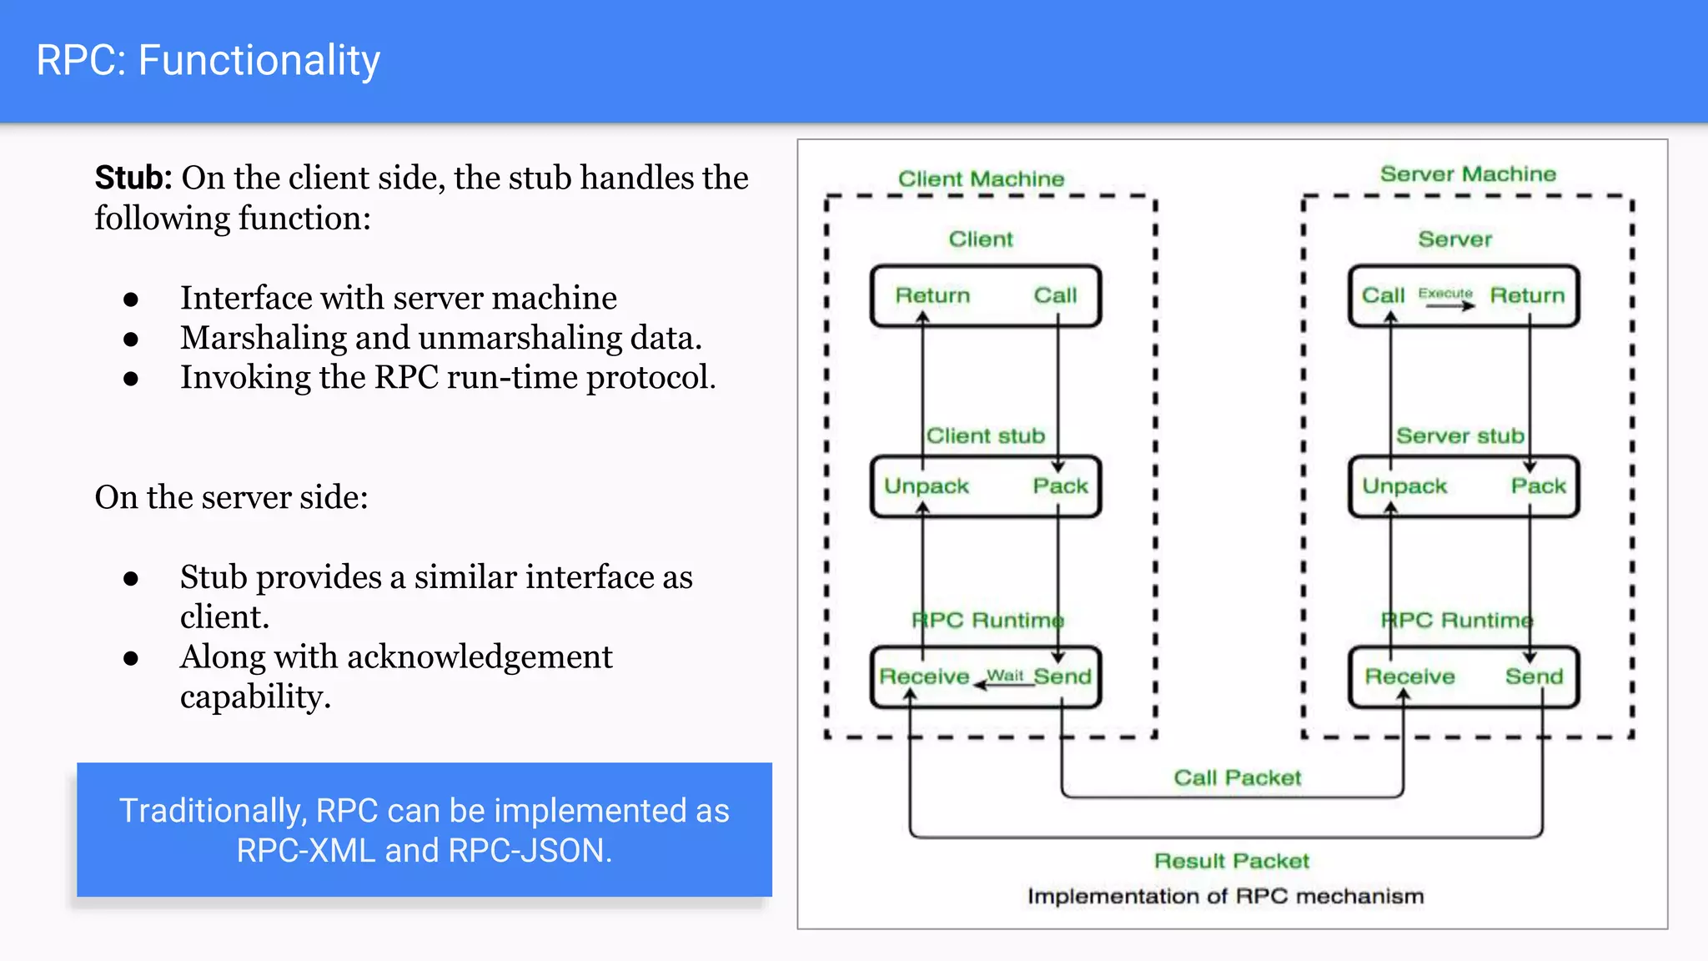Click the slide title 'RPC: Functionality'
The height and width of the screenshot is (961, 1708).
point(208,61)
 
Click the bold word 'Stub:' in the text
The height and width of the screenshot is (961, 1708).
point(133,178)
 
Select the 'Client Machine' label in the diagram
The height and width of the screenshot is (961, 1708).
point(981,179)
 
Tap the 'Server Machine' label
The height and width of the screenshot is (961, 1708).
point(1468,174)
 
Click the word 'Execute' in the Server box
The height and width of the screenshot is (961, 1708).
point(1445,294)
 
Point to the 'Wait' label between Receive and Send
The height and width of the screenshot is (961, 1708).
point(1005,676)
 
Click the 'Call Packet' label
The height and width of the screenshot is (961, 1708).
point(1237,777)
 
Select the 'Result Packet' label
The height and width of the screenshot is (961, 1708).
point(1231,861)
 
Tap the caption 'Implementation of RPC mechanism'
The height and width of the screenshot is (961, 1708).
point(1225,896)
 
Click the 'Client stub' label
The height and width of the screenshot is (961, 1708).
point(985,435)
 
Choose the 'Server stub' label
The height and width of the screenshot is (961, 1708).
point(1459,435)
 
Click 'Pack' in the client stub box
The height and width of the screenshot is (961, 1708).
point(1060,486)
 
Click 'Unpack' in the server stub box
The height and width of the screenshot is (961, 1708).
point(1404,486)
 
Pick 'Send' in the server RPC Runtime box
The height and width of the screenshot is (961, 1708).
point(1534,677)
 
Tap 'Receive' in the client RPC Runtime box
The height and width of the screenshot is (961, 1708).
point(924,677)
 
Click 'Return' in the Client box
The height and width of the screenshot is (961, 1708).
point(932,295)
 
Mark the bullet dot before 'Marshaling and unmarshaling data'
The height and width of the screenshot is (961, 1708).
point(131,339)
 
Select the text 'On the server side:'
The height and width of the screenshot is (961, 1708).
point(231,497)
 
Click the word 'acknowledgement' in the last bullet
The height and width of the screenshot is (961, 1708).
point(480,657)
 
